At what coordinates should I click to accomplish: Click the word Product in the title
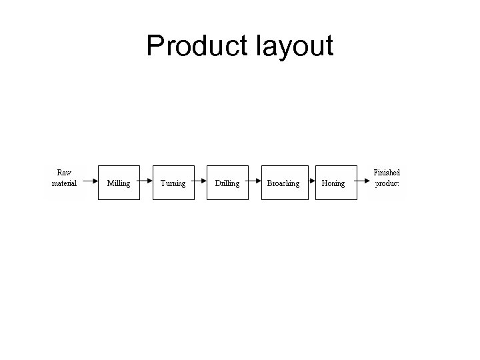tap(195, 46)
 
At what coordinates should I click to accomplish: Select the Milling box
tap(119, 183)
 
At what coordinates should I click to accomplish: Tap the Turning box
tap(173, 183)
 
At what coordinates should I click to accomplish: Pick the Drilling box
tap(227, 183)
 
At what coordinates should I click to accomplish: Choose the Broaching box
tap(284, 183)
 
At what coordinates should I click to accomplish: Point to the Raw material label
tap(64, 177)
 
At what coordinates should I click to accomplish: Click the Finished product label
tap(387, 177)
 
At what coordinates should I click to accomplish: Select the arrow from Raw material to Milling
tap(89, 182)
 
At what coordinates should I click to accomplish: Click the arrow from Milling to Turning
tap(146, 182)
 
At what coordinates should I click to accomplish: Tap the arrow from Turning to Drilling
tap(201, 182)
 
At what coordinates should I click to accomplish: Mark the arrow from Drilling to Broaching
tap(255, 182)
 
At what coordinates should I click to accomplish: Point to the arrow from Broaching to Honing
tap(312, 182)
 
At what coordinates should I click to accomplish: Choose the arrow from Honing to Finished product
tap(362, 182)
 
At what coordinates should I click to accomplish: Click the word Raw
tap(64, 173)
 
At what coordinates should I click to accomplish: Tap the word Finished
tap(387, 173)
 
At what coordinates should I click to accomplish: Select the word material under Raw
tap(64, 183)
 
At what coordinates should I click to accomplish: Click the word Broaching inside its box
tap(283, 183)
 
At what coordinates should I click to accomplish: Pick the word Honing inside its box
tap(333, 183)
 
